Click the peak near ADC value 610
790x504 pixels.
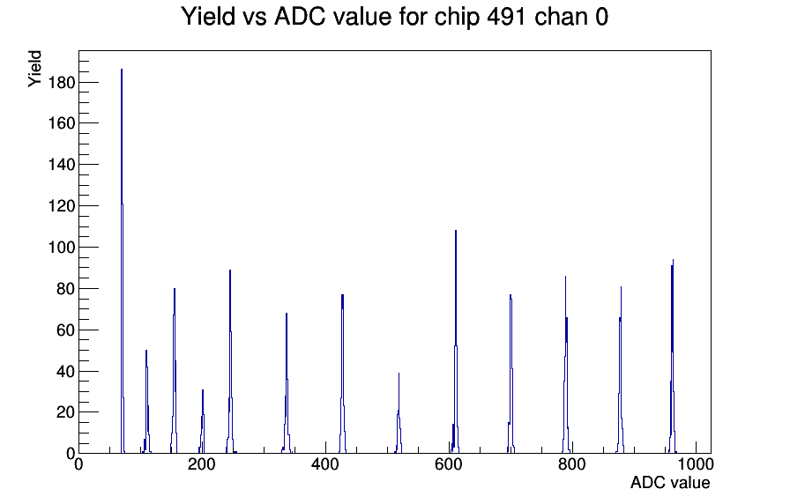(456, 343)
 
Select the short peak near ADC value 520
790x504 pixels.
(399, 413)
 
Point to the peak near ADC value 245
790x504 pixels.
(230, 361)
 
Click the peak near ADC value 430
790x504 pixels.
(342, 374)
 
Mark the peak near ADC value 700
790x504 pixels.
(511, 374)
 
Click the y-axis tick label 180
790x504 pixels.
(61, 83)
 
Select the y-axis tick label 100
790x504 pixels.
(61, 248)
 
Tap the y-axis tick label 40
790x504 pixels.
(65, 372)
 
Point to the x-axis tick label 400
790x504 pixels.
(325, 464)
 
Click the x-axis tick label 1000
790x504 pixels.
(696, 464)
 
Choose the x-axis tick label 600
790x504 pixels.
(449, 464)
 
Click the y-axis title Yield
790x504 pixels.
(34, 69)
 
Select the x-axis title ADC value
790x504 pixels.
(670, 483)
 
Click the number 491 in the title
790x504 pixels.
(507, 17)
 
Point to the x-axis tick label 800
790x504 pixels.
(572, 464)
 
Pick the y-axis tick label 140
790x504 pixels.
(61, 165)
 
